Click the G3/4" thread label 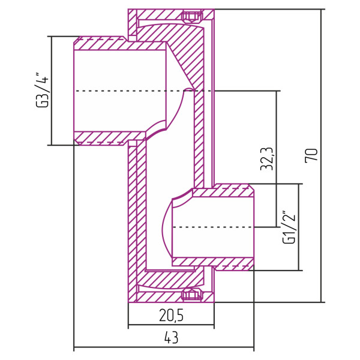click(x=43, y=89)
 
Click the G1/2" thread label click(x=289, y=227)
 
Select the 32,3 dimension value click(x=268, y=159)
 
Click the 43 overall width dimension click(x=171, y=338)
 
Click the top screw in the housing click(x=191, y=16)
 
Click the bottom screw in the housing click(x=191, y=294)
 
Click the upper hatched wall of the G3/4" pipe click(x=120, y=45)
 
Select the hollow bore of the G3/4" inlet click(x=120, y=108)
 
